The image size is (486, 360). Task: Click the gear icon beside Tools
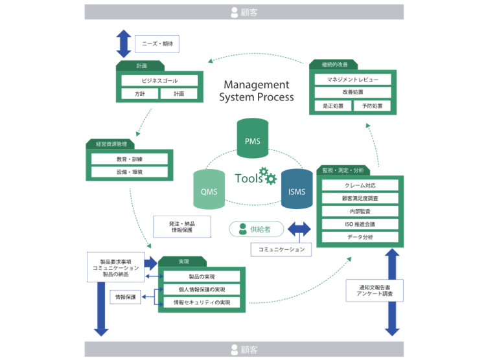pos(266,175)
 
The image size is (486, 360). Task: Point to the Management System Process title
pos(256,91)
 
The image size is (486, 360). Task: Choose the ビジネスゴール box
pos(159,81)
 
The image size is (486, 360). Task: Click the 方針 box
pos(140,94)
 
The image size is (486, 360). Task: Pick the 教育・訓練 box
pos(130,159)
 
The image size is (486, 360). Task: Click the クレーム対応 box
pos(360,185)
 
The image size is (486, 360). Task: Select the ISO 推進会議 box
pos(360,224)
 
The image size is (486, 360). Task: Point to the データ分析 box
pos(360,237)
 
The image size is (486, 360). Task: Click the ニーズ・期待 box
pos(157,44)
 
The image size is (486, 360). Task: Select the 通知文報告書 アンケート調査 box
pos(375,289)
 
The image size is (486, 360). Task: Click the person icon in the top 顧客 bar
pos(235,12)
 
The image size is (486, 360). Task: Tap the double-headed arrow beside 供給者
pos(299,229)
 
